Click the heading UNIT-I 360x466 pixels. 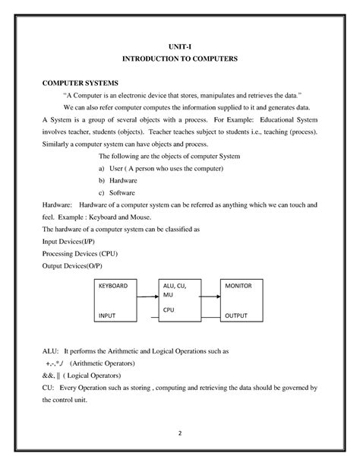[x=180, y=45]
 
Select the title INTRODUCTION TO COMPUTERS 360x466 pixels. [x=180, y=58]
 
